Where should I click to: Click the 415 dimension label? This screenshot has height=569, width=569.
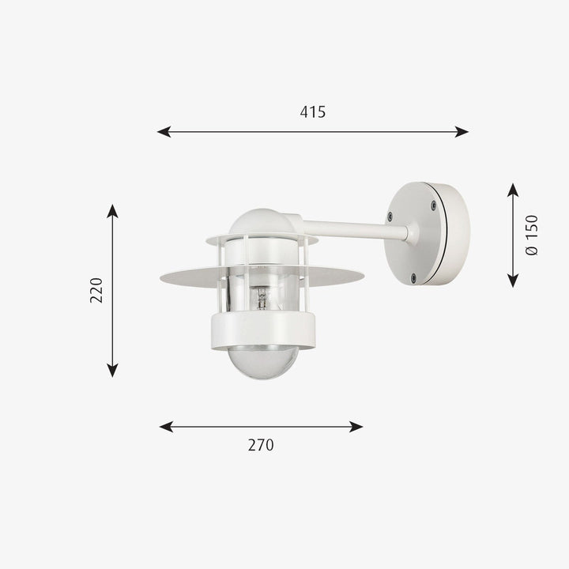tap(313, 112)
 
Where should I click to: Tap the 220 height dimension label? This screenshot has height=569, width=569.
tap(96, 290)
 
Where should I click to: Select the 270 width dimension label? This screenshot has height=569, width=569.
tap(261, 445)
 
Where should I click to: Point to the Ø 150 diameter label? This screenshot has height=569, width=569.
tap(532, 236)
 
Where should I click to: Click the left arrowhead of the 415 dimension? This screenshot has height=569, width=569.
tap(164, 132)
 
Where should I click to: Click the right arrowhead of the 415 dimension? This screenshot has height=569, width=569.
tap(462, 132)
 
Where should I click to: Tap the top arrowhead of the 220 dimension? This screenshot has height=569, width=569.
tap(112, 211)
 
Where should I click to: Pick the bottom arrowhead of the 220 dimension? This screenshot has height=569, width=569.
tap(112, 371)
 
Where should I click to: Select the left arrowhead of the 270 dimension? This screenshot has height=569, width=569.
tap(166, 427)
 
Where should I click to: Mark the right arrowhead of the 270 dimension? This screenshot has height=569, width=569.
tap(356, 427)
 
